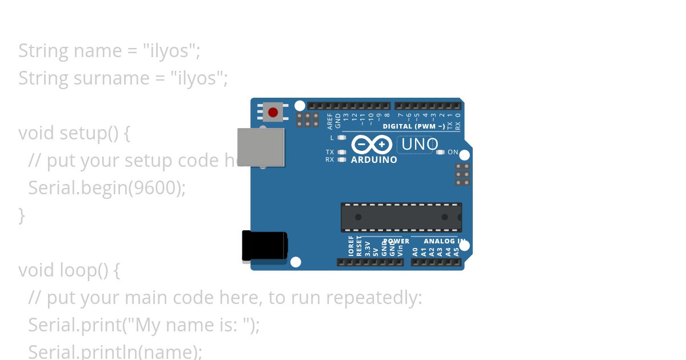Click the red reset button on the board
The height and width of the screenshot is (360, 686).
(x=273, y=112)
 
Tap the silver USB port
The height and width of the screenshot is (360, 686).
(x=261, y=147)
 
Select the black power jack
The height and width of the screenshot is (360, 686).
(x=264, y=246)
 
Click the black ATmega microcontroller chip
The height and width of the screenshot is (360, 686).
(x=401, y=217)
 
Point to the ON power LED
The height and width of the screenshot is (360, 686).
(x=440, y=153)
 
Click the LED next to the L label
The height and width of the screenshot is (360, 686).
(x=342, y=138)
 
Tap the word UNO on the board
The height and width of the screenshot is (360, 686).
(x=420, y=145)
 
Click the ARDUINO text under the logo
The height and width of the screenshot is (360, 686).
(x=374, y=160)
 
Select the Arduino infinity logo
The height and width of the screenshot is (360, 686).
(x=372, y=144)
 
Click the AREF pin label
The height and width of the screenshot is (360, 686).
(x=330, y=121)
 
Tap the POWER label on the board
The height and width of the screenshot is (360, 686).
(x=396, y=241)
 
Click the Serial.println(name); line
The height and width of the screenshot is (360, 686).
(x=115, y=351)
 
